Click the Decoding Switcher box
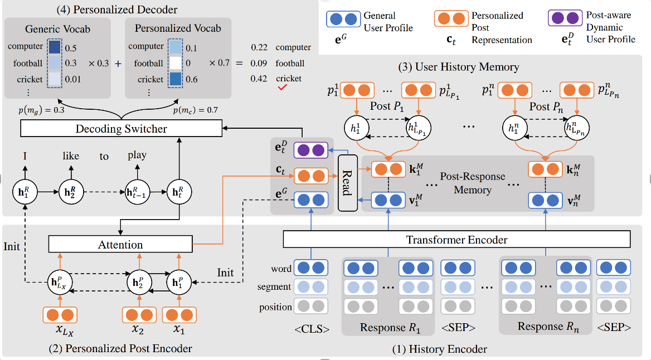click(121, 129)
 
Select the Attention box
click(120, 244)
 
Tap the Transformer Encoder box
click(456, 240)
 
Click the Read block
click(346, 183)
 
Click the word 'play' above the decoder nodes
click(137, 155)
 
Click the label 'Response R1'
click(388, 328)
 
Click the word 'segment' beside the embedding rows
click(274, 287)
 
